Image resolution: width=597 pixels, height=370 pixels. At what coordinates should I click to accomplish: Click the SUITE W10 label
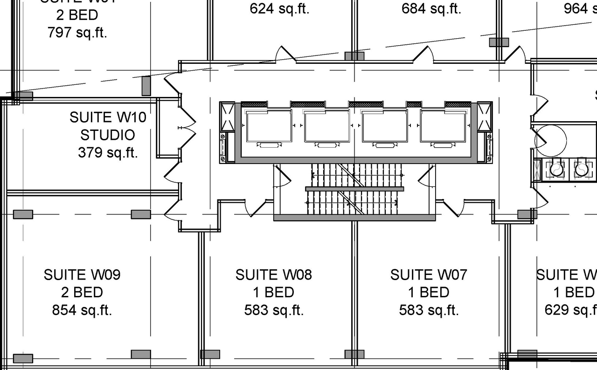click(108, 117)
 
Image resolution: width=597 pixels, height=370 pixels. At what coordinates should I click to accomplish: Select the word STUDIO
click(108, 135)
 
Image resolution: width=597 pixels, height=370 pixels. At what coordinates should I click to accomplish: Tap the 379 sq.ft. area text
click(108, 152)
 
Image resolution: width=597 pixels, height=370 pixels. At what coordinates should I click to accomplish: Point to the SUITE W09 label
click(82, 275)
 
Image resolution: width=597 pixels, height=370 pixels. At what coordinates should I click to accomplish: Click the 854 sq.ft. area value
click(82, 310)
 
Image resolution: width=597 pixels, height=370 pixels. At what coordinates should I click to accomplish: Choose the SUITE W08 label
click(274, 275)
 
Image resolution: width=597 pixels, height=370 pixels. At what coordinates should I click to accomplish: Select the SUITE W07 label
click(429, 275)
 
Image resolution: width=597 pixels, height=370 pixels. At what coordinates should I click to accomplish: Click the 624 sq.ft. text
click(279, 9)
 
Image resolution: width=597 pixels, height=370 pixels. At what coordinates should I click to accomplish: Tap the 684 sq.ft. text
click(431, 9)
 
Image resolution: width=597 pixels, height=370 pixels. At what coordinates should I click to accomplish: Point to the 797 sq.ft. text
click(77, 33)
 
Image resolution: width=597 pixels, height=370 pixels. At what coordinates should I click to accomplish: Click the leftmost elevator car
click(269, 126)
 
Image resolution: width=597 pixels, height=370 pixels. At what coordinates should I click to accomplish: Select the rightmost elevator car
click(443, 126)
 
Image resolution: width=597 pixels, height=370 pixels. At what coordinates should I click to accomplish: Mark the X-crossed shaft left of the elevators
click(228, 116)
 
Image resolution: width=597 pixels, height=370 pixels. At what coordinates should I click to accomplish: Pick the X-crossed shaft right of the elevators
click(485, 116)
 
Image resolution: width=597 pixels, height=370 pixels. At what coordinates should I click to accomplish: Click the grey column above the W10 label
click(146, 86)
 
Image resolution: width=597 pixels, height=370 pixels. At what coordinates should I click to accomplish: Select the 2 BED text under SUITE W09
click(82, 293)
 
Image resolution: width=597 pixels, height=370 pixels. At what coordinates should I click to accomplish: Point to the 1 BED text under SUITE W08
click(274, 293)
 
